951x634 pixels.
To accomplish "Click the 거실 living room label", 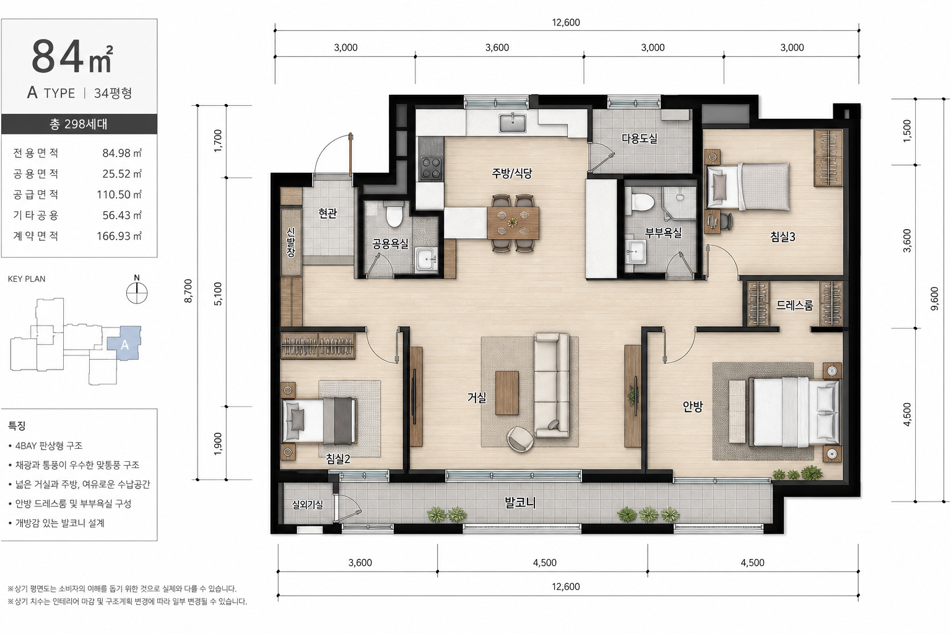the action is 477,397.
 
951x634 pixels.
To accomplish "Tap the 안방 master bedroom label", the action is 692,407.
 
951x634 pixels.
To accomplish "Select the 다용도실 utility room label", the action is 640,139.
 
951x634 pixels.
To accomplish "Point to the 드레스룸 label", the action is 794,305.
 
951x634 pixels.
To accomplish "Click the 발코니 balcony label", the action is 520,503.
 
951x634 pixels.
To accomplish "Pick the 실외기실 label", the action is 308,505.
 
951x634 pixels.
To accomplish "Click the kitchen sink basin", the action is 513,123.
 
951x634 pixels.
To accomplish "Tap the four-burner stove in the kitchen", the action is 430,168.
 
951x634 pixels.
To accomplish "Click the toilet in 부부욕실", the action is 641,202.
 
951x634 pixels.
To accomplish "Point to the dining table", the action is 513,222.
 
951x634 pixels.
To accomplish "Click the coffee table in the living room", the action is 507,393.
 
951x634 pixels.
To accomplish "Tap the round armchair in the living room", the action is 521,439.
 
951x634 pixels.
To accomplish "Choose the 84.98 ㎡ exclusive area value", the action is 122,154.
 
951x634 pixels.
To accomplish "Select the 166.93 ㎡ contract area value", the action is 119,236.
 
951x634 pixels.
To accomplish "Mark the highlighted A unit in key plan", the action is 124,344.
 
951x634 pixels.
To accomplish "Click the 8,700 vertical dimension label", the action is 188,291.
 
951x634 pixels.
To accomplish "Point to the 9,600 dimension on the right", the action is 934,298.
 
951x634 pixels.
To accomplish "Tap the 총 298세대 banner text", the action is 79,124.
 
